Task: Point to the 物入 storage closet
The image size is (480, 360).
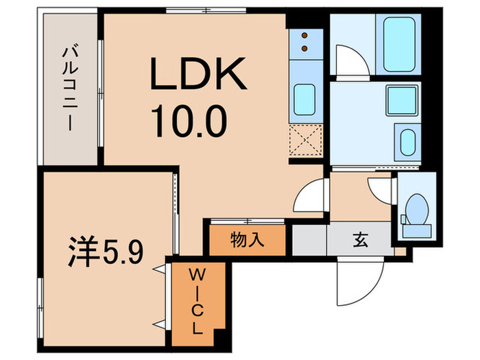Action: (248, 241)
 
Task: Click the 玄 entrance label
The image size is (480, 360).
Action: (359, 241)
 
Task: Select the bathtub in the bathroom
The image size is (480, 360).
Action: (402, 43)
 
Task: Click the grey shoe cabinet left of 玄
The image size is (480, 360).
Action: (309, 241)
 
